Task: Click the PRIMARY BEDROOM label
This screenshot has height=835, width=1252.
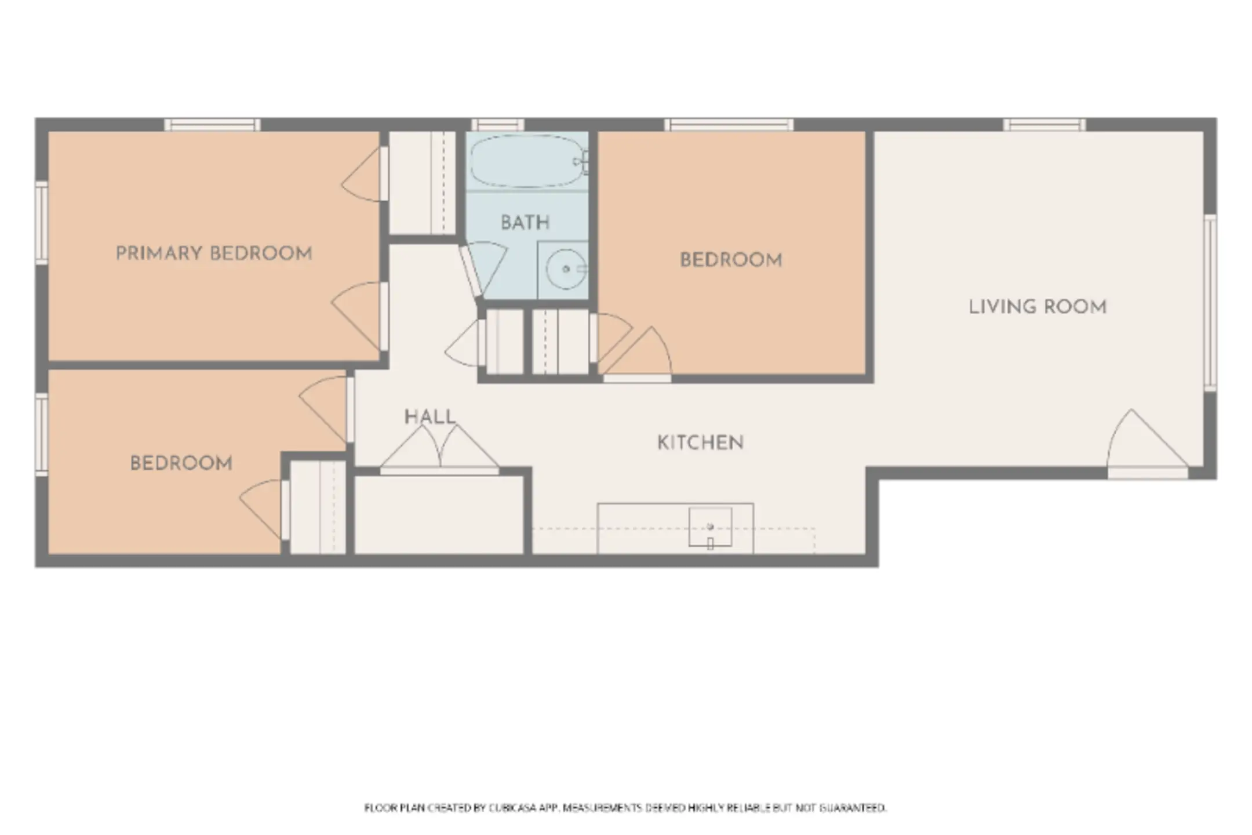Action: pos(214,253)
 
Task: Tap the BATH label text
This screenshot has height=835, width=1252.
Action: pos(525,223)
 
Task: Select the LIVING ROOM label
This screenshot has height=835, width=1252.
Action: pos(1038,307)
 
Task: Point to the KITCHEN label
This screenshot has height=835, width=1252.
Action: pos(700,443)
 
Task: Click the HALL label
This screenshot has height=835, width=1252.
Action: pos(430,417)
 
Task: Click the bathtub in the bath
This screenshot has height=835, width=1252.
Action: pos(527,161)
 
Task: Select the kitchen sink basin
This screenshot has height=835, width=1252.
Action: pos(710,527)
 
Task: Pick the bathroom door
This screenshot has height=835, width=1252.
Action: pos(484,270)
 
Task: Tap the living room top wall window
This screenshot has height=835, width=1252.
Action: pos(1044,125)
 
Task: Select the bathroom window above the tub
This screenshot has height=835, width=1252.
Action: pos(498,125)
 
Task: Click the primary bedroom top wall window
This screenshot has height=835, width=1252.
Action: pos(212,125)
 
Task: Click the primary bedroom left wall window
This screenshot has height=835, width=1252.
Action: pos(41,223)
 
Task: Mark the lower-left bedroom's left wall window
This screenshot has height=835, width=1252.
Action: pos(41,435)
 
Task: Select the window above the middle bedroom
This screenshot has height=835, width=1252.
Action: pos(729,125)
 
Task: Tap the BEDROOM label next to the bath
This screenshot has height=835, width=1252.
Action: pos(731,260)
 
